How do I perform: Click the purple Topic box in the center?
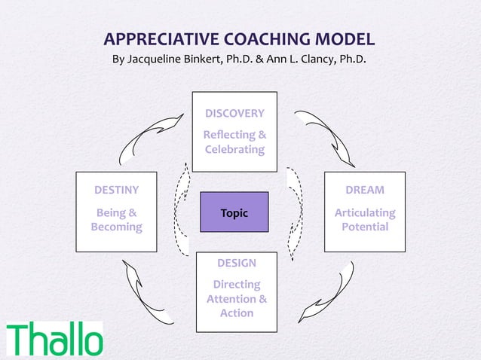(234, 213)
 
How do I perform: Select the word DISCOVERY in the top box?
(234, 114)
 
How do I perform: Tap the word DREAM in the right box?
(364, 190)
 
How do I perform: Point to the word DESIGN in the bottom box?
(236, 263)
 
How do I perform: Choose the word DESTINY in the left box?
(116, 190)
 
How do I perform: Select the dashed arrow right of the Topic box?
(295, 212)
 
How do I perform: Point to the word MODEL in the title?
(346, 40)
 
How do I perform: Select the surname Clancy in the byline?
(309, 59)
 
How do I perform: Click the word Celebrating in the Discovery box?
(234, 149)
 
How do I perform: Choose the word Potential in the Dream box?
(364, 227)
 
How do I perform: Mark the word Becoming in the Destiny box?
(116, 227)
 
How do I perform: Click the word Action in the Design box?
(236, 313)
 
